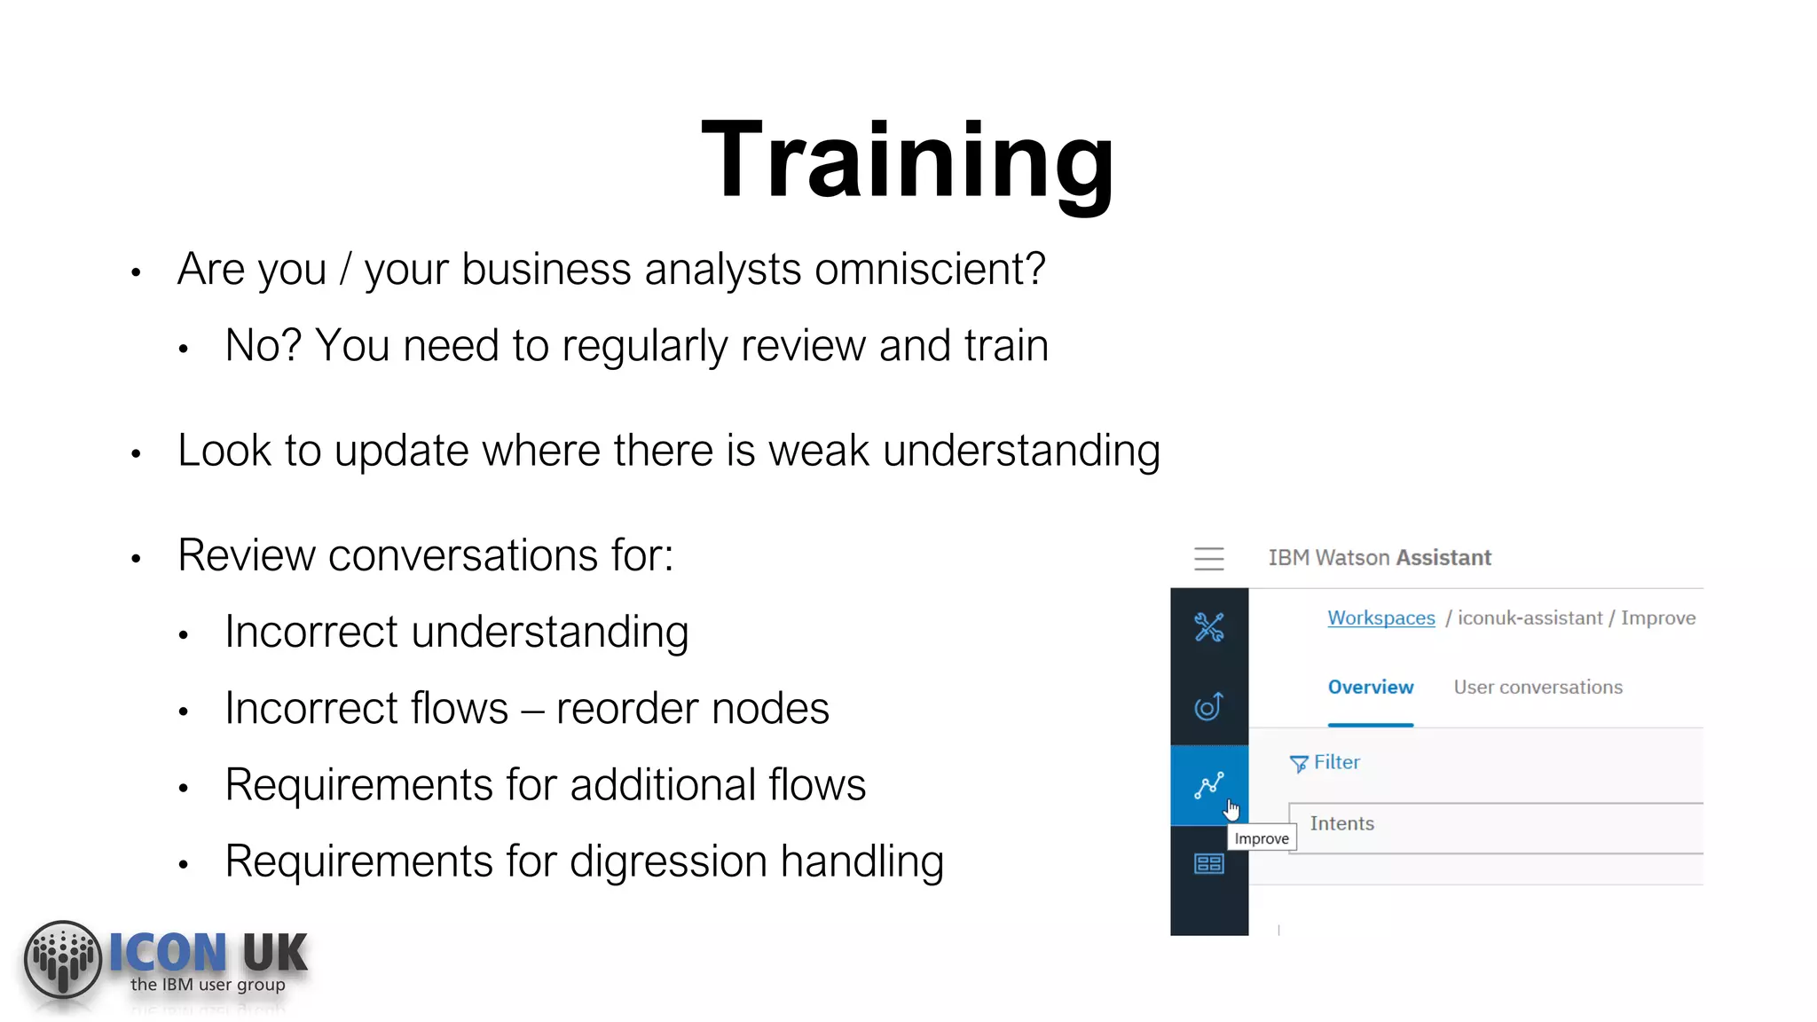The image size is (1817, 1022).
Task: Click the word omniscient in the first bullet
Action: (x=929, y=270)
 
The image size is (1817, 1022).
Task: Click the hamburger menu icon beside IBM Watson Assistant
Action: (x=1208, y=558)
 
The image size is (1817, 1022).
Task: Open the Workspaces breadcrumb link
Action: (x=1380, y=618)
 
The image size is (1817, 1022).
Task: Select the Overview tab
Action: (x=1370, y=688)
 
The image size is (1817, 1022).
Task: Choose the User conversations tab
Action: (x=1538, y=688)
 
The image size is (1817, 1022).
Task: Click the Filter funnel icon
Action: (x=1298, y=764)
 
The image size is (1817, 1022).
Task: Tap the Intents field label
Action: (x=1341, y=824)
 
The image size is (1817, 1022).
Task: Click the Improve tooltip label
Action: (x=1261, y=839)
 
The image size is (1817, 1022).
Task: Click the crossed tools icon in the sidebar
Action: (x=1208, y=627)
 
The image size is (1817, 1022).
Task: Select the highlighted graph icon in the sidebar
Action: (x=1208, y=785)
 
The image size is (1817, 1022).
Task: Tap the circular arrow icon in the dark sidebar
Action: (x=1208, y=707)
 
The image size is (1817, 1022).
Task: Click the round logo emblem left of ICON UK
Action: (x=62, y=959)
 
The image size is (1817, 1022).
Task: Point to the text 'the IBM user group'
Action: (x=208, y=985)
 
